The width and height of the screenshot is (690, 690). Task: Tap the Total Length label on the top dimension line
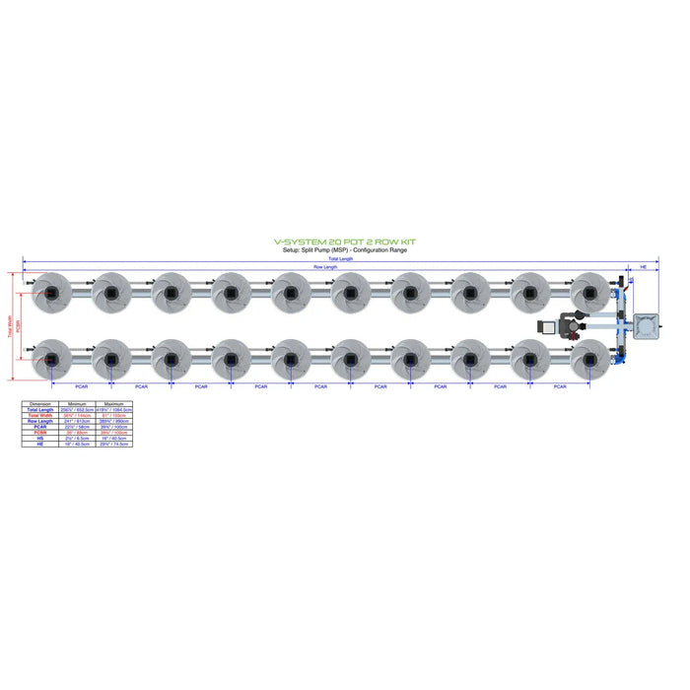(x=339, y=259)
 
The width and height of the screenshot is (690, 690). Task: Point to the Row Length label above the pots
(x=325, y=267)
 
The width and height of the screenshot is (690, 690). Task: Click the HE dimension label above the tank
(x=645, y=267)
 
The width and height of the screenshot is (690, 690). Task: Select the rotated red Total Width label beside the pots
(x=11, y=326)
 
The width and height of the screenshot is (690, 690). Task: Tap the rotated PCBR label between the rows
(x=21, y=326)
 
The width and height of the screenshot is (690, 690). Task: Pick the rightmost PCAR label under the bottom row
(x=560, y=386)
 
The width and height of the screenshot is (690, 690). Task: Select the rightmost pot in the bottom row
(x=589, y=360)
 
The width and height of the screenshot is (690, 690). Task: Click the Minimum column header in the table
(x=76, y=404)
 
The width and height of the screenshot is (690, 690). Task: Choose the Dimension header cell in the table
(x=40, y=404)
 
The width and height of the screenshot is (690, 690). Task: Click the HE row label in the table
(x=40, y=445)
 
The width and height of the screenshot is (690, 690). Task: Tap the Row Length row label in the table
(x=40, y=421)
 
